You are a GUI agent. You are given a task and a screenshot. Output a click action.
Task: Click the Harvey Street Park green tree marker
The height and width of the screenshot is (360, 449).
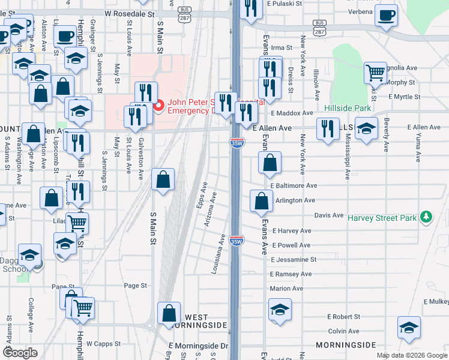coord(426,216)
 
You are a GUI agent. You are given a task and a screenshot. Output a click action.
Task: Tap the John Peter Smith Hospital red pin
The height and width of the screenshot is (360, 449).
coord(158,106)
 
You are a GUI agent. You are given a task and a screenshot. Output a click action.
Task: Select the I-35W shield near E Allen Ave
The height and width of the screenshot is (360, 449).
coord(237,143)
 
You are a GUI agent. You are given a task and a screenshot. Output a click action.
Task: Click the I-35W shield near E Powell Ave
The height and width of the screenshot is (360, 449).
coord(237,241)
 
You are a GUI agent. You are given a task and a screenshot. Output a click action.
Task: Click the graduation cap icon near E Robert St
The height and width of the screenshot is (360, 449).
coord(279,310)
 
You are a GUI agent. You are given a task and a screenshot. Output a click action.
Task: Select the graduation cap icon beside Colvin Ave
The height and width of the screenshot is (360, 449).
coord(409,327)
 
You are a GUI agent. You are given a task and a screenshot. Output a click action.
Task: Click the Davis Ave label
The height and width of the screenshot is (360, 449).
coord(329,215)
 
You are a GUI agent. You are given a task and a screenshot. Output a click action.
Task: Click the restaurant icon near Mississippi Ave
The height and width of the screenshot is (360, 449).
coord(327,128)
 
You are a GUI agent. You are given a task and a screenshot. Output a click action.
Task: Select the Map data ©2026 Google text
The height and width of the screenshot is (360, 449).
coord(411,355)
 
